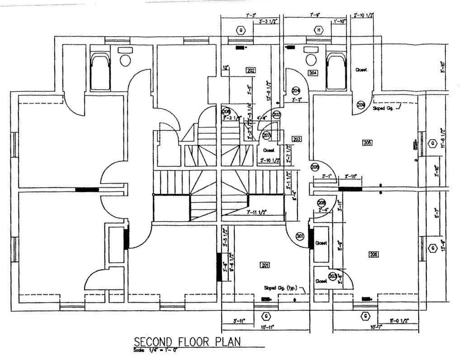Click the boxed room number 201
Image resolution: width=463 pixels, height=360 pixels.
click(x=265, y=265)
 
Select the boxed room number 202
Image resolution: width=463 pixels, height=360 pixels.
click(x=251, y=70)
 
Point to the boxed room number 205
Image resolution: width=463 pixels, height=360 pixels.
click(x=367, y=142)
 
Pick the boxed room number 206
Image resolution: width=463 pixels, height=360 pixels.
click(x=373, y=255)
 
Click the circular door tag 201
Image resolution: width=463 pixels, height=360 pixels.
click(x=300, y=237)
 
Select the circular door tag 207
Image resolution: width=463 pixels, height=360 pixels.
click(x=266, y=135)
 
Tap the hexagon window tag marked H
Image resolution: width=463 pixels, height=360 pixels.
click(x=319, y=30)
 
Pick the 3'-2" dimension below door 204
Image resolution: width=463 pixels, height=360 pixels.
click(x=297, y=99)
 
